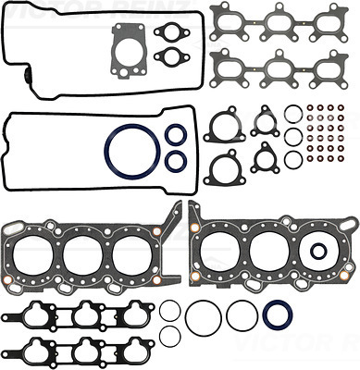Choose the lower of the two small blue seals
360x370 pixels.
coord(173,162)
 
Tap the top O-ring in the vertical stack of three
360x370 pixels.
coord(292,115)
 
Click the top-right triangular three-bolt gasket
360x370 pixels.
coord(264,122)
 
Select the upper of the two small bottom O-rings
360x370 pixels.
coord(168,311)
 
